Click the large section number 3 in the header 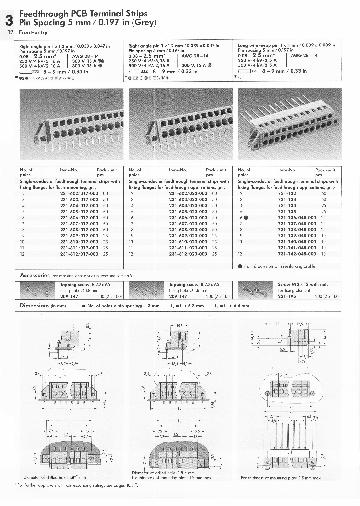pyautogui.click(x=9, y=20)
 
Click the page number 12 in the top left pyautogui.click(x=10, y=32)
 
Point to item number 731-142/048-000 pyautogui.click(x=296, y=254)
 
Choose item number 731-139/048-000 pyautogui.click(x=296, y=236)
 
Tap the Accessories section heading pyautogui.click(x=34, y=275)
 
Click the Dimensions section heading pyautogui.click(x=34, y=305)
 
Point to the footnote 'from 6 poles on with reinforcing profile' pyautogui.click(x=280, y=266)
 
